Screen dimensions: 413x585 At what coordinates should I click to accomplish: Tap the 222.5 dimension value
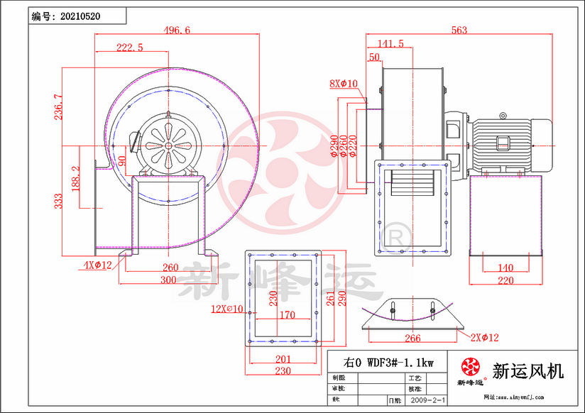click(x=130, y=47)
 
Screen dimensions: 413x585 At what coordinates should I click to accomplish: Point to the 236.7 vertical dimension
click(x=58, y=106)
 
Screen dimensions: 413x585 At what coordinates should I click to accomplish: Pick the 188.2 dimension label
click(x=76, y=178)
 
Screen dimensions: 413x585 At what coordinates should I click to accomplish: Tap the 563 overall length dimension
click(x=459, y=31)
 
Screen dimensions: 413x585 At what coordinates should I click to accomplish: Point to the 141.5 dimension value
click(x=390, y=44)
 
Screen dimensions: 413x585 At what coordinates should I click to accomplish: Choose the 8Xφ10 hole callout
click(x=343, y=84)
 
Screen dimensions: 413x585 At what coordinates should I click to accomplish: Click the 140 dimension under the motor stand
click(x=505, y=268)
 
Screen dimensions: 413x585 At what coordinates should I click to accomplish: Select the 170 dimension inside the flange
click(x=288, y=314)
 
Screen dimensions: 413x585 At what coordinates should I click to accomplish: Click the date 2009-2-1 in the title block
click(x=425, y=401)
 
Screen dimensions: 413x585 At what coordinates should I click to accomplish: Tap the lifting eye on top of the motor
click(x=503, y=114)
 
